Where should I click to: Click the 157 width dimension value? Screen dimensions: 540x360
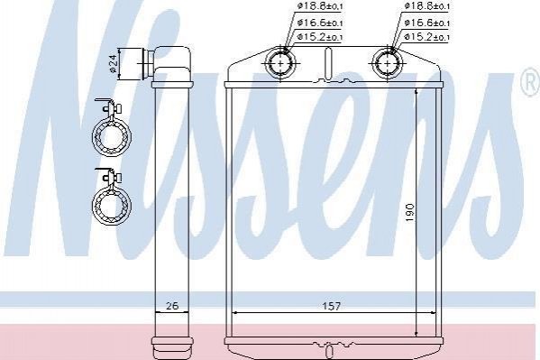(331, 306)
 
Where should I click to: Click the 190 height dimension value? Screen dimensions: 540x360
(410, 213)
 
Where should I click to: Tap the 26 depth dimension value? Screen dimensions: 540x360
(172, 306)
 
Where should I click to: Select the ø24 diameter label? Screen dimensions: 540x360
(114, 64)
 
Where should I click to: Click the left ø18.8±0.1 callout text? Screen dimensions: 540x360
(320, 5)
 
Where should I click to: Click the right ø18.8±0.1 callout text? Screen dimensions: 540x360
(427, 5)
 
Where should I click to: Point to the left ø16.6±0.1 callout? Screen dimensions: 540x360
(320, 23)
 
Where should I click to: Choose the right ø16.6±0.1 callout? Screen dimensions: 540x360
(427, 23)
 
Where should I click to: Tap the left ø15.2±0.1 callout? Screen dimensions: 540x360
(320, 37)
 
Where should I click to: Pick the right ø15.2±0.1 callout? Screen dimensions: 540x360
(427, 37)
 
